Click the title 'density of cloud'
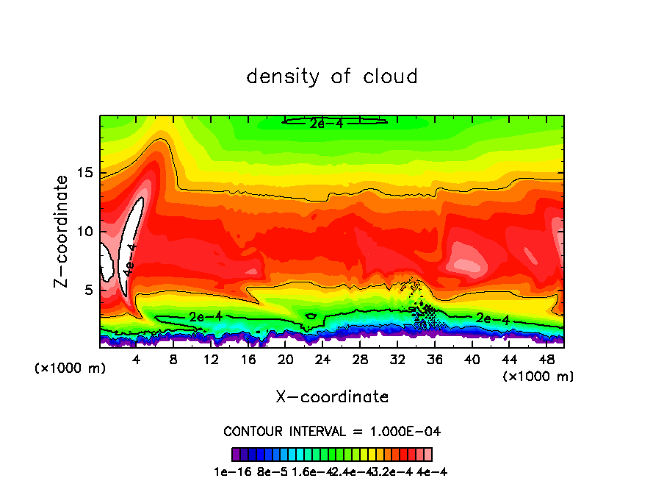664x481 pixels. pyautogui.click(x=332, y=76)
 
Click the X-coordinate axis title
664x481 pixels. pyautogui.click(x=332, y=397)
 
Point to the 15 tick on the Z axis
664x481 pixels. pyautogui.click(x=87, y=173)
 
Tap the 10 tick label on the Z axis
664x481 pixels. pyautogui.click(x=87, y=232)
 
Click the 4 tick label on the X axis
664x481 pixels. pyautogui.click(x=137, y=360)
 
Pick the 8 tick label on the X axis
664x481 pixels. pyautogui.click(x=173, y=360)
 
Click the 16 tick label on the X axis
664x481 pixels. pyautogui.click(x=248, y=360)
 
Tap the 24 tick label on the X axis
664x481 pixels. pyautogui.click(x=322, y=360)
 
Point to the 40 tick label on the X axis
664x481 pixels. pyautogui.click(x=472, y=360)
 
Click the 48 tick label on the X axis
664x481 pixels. pyautogui.click(x=546, y=360)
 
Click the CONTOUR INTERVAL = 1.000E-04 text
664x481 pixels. pyautogui.click(x=332, y=431)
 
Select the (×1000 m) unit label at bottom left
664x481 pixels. pyautogui.click(x=71, y=368)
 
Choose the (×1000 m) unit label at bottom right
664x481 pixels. pyautogui.click(x=538, y=377)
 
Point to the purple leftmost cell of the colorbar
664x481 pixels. pyautogui.click(x=236, y=455)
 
